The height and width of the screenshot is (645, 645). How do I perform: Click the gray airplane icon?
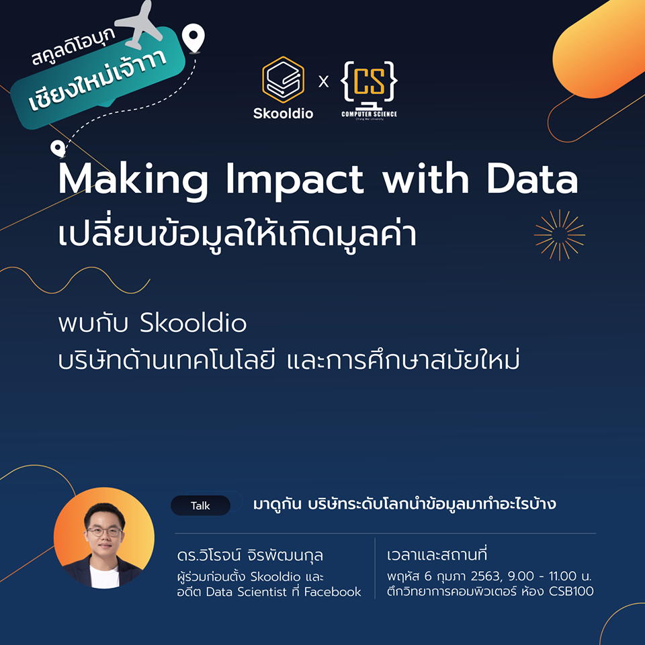point(139,25)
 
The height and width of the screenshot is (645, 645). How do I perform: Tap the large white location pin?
point(193,38)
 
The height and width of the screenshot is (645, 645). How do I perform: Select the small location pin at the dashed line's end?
point(58,148)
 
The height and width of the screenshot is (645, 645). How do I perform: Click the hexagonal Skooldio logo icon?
point(283,79)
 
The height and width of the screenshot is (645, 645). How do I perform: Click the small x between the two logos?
point(324,81)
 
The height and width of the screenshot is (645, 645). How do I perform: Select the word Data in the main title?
point(533,179)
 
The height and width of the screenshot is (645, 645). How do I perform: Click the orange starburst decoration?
point(560,235)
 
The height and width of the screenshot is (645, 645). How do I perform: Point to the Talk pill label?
point(200,505)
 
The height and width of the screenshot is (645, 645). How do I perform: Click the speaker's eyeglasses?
point(105,531)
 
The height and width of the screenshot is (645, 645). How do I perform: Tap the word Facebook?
point(333,591)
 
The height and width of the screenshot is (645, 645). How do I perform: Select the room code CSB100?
point(571,591)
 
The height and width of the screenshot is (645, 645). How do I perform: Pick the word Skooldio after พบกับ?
point(193,323)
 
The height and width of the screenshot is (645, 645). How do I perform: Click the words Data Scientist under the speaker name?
point(246,591)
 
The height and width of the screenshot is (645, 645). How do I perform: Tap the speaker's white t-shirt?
point(105,576)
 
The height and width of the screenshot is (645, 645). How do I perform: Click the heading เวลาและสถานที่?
point(437,554)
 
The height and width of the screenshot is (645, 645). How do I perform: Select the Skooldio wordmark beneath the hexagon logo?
point(283,113)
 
